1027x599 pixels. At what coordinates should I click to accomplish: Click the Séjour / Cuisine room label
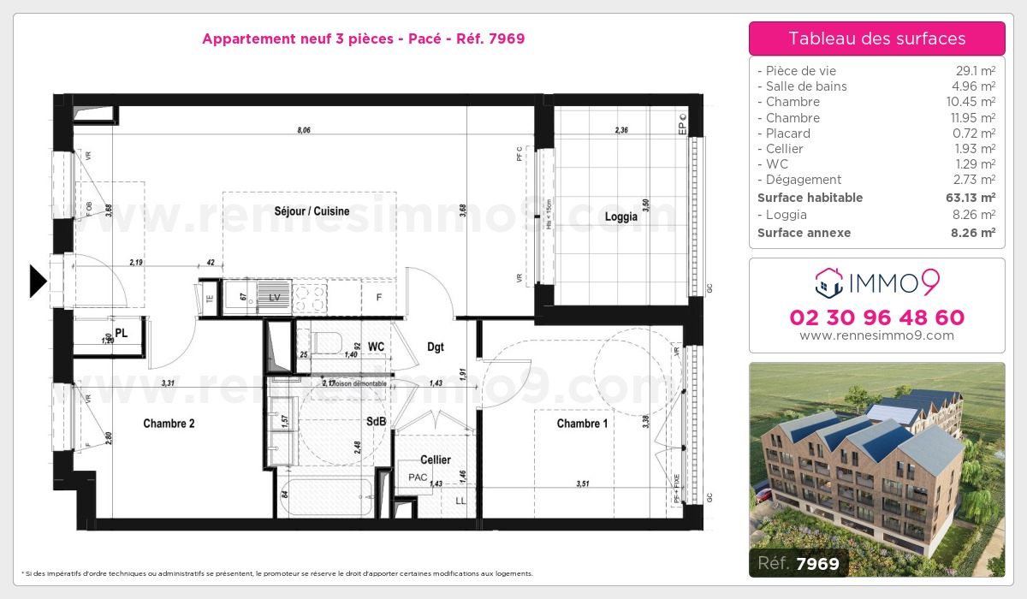312,211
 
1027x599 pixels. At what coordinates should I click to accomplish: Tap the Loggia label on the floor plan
620,216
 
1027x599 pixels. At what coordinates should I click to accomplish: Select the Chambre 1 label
582,424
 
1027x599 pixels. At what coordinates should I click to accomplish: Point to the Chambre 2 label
169,423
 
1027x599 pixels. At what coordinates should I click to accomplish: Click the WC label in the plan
376,347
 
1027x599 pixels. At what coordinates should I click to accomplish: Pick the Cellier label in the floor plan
435,460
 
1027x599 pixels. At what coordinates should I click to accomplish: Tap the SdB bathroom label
376,422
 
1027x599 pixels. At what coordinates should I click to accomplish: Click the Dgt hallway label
436,347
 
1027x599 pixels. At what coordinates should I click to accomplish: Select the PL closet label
122,333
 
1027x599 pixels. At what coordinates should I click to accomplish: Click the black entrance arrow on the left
38,282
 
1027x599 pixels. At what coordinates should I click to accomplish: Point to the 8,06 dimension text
305,131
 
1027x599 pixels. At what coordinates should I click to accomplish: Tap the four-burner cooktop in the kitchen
310,297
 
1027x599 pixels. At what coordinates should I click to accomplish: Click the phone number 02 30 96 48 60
876,317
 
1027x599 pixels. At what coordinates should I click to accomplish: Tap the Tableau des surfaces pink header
876,39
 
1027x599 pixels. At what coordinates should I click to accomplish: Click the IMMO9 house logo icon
828,280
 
